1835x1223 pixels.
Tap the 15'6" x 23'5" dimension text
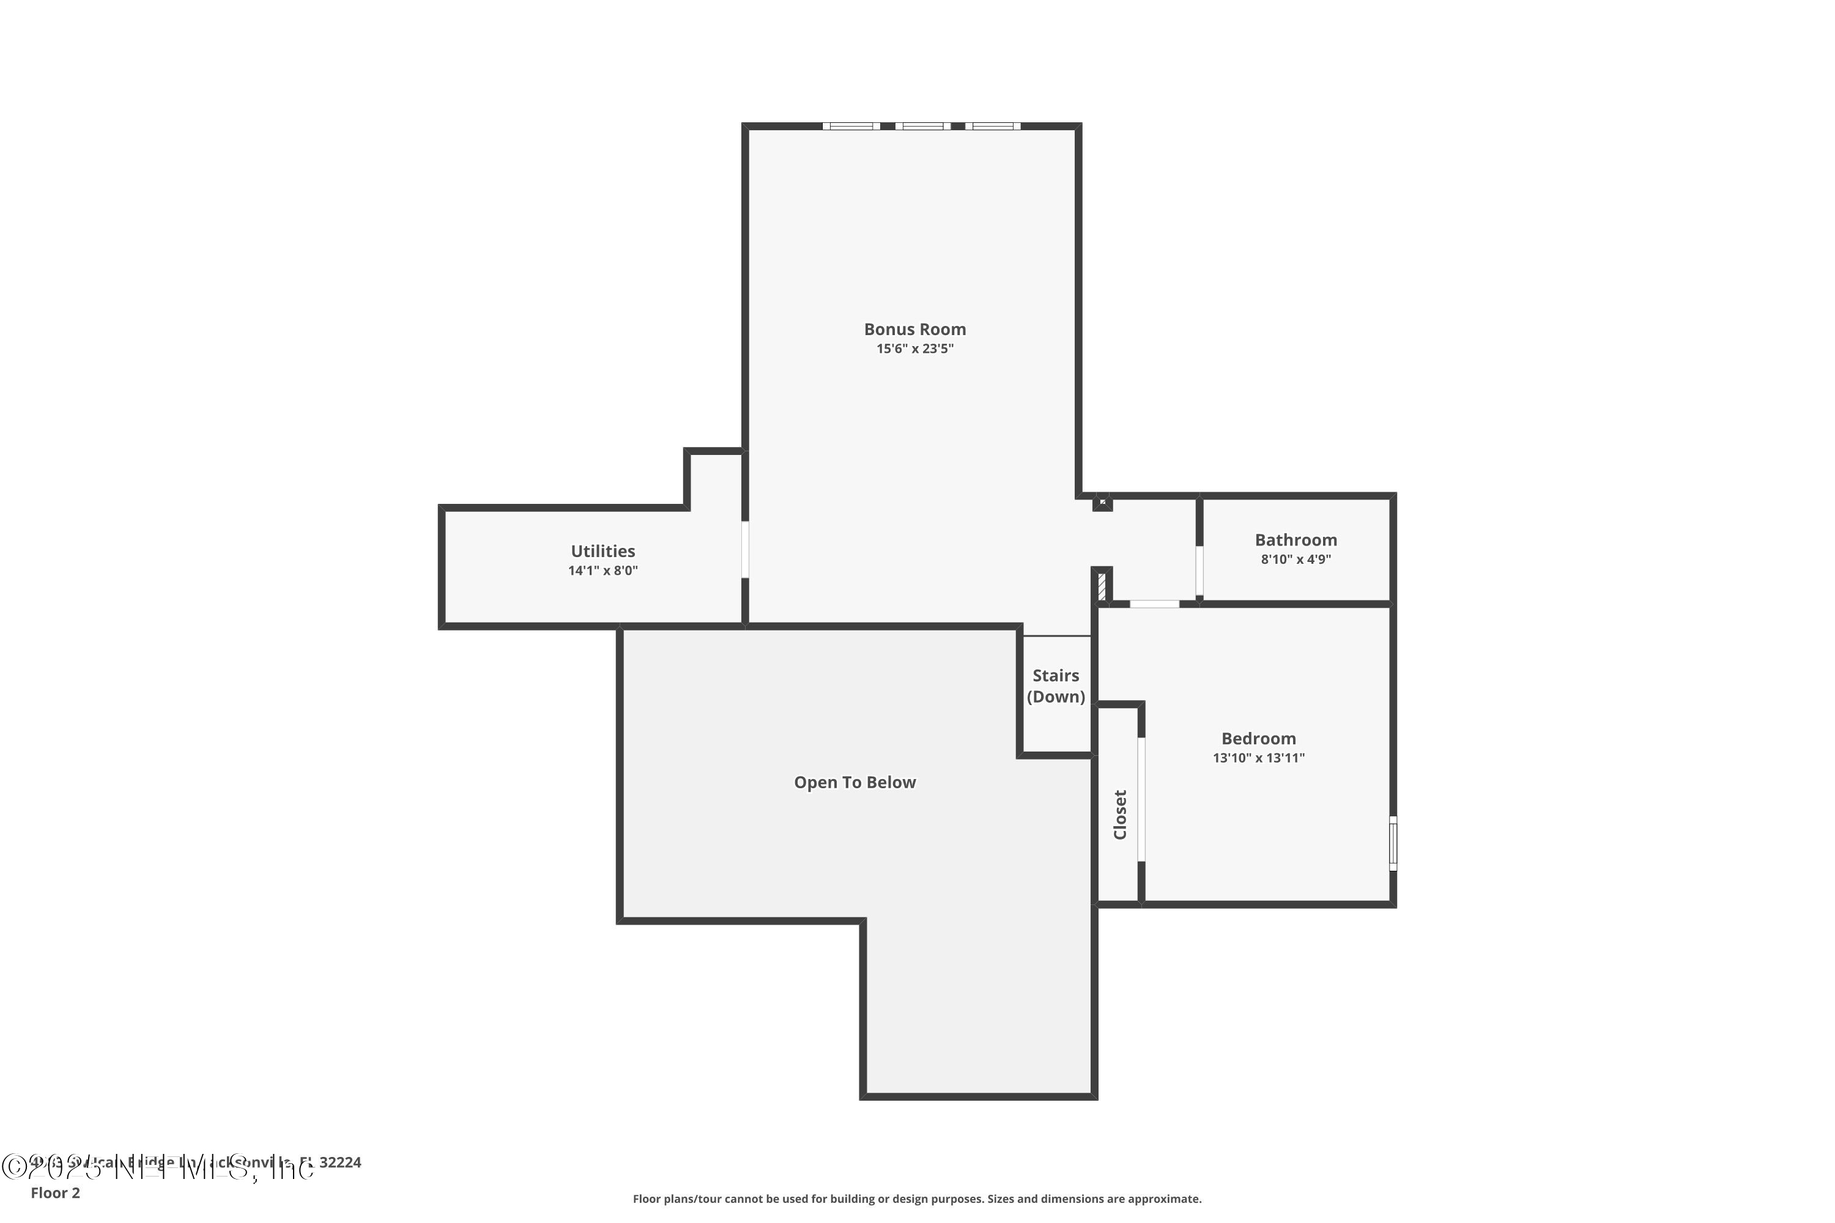click(x=914, y=349)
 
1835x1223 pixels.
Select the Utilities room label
click(x=602, y=551)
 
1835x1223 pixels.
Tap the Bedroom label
click(x=1258, y=738)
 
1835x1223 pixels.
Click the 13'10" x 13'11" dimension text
click(x=1258, y=758)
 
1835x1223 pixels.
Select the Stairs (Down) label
click(x=1056, y=686)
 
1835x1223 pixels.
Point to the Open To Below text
click(x=854, y=782)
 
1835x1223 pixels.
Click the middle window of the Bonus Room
click(x=922, y=125)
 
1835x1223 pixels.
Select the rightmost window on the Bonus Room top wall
click(x=992, y=125)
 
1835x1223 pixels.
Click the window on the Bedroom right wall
click(x=1393, y=843)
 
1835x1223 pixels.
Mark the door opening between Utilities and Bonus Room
click(x=745, y=549)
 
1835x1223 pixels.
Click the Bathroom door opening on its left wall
click(x=1199, y=571)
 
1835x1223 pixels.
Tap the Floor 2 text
click(x=56, y=1192)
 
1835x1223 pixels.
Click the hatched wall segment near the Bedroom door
click(x=1102, y=586)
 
